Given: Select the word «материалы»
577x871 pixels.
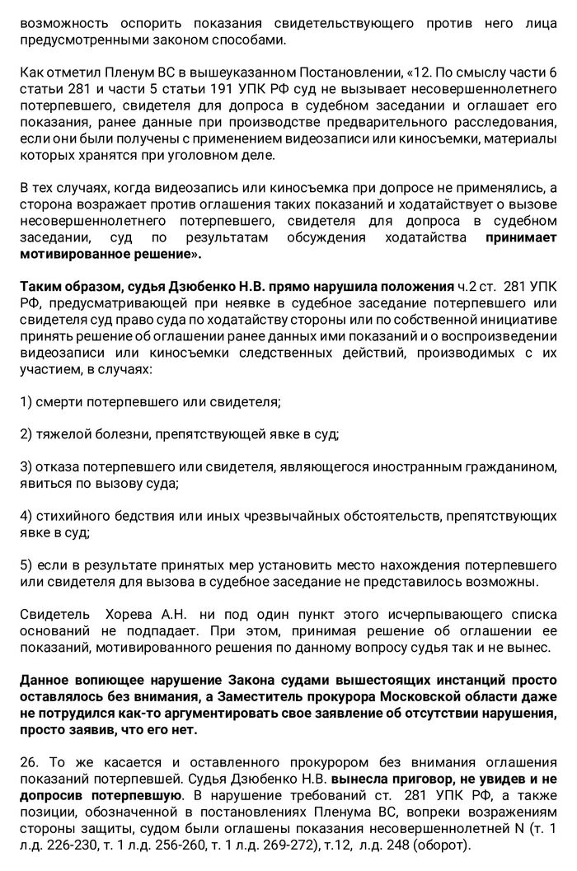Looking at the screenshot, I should (x=525, y=141).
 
